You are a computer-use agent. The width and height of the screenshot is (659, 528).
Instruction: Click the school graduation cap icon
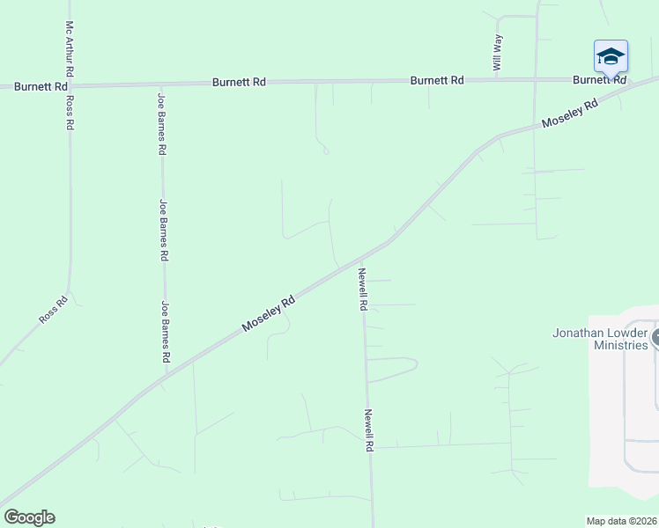611,57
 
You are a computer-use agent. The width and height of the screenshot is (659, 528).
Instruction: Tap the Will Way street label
498,52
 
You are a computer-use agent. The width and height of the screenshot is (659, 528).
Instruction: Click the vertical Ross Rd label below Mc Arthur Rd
70,112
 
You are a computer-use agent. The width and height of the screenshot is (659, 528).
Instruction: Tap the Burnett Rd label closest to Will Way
437,81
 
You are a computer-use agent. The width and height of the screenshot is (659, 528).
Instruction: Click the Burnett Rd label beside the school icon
598,79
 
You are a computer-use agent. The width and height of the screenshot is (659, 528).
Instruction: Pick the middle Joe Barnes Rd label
164,231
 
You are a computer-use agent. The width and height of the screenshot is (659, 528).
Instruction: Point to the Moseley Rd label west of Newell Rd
269,314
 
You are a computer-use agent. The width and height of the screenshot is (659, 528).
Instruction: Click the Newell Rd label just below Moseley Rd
362,290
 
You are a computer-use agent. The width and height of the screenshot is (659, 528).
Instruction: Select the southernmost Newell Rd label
370,430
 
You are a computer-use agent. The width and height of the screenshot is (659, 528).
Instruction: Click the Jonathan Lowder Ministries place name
600,340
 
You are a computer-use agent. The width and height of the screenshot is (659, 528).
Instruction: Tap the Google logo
29,517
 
